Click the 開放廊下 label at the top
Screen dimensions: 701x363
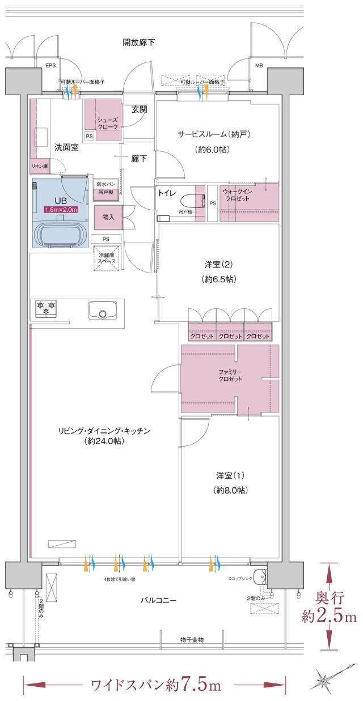139,43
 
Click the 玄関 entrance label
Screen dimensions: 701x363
139,109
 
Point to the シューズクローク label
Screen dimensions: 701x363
107,123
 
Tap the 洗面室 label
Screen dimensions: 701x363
66,147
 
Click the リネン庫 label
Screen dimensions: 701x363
40,166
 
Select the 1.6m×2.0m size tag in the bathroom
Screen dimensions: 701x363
61,210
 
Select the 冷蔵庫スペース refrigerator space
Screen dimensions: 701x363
107,258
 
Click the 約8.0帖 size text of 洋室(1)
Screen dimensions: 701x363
231,489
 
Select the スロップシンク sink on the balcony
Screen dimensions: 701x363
260,576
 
